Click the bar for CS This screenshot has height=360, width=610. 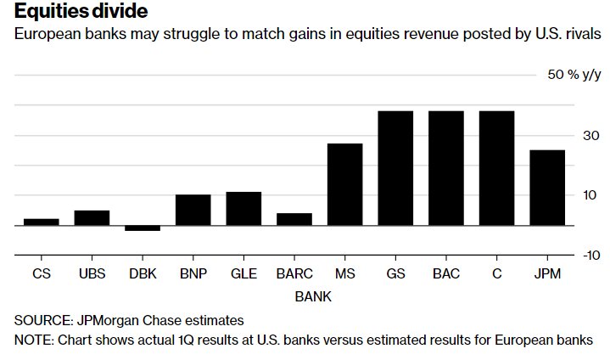(x=41, y=222)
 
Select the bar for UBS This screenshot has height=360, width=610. (x=92, y=217)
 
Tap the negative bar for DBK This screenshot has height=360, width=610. (x=142, y=228)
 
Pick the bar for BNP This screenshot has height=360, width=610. (x=193, y=210)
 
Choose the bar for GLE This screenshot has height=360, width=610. (x=243, y=208)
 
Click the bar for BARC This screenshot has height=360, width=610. (x=294, y=219)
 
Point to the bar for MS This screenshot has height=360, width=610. (x=344, y=184)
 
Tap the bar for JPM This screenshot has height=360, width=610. (x=547, y=188)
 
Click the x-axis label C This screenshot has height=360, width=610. (x=497, y=274)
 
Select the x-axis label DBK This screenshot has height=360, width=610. (x=142, y=274)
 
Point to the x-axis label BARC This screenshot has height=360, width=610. (x=294, y=274)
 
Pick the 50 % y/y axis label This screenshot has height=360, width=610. (x=574, y=75)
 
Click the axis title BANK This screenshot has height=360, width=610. (x=313, y=297)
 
